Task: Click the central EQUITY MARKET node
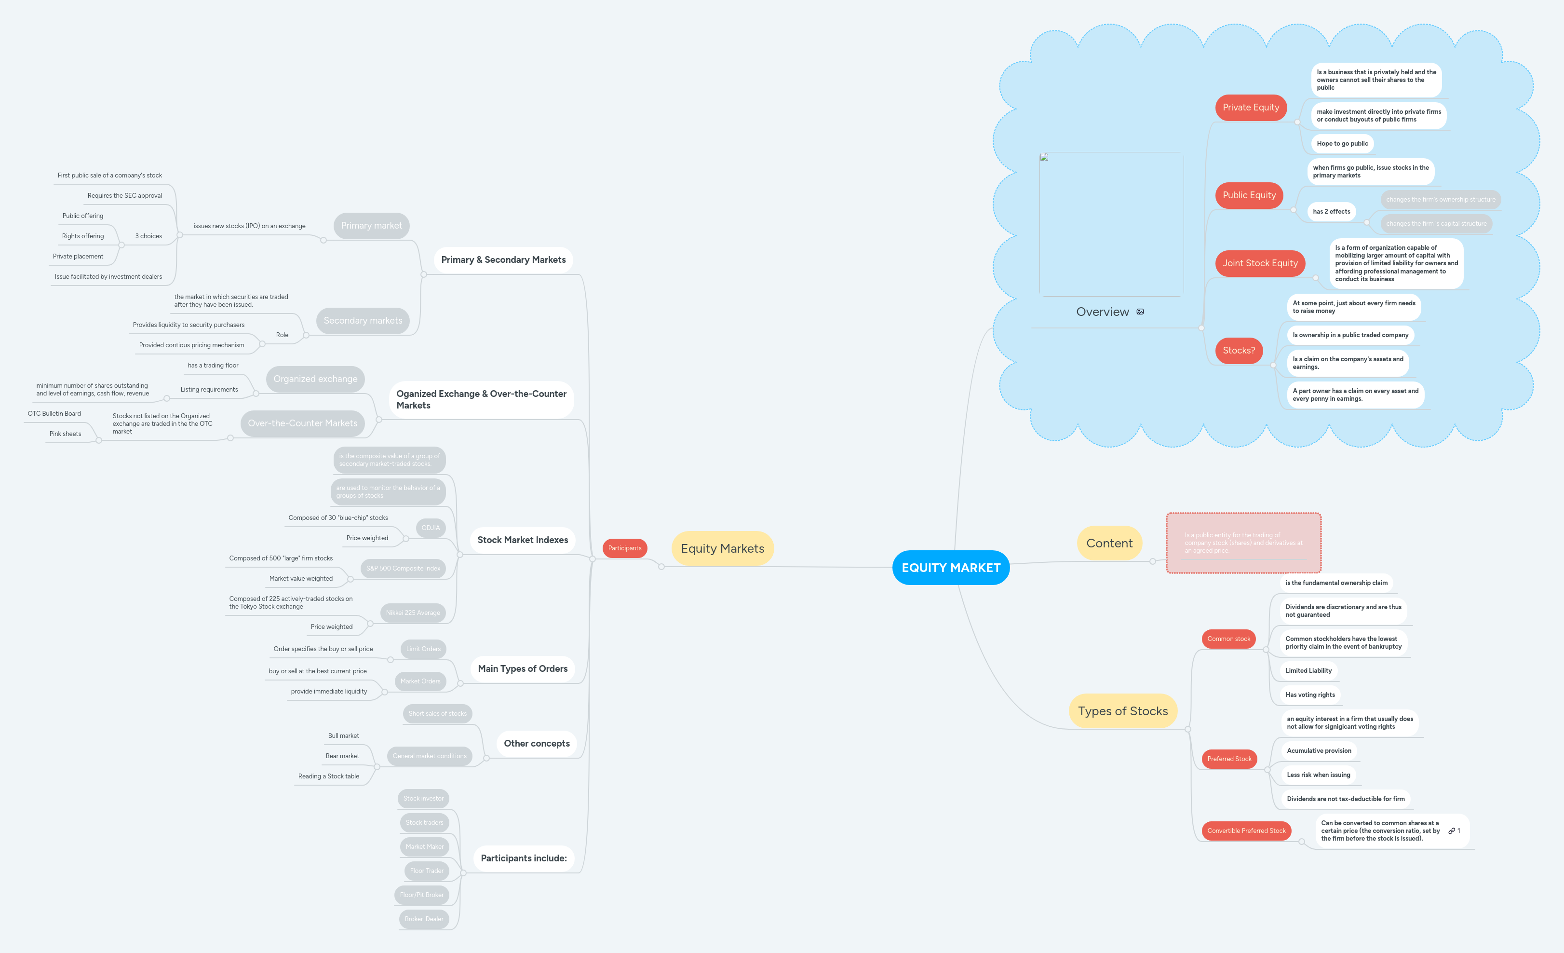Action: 950,568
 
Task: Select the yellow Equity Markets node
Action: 722,548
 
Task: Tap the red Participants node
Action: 624,548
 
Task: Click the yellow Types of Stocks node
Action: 1122,711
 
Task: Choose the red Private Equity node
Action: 1251,107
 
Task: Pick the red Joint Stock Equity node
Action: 1259,263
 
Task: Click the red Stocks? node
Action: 1239,351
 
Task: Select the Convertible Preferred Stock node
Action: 1246,830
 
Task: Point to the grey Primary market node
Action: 371,225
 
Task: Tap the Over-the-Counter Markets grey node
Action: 302,423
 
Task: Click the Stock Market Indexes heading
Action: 523,540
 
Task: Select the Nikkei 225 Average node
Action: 413,613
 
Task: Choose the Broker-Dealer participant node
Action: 424,919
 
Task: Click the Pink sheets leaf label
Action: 66,434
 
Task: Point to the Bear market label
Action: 342,756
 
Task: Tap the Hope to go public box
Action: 1342,144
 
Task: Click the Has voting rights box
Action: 1309,694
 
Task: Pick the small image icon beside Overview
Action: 1140,312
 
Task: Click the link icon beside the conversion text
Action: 1451,830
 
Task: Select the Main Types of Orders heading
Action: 523,668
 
